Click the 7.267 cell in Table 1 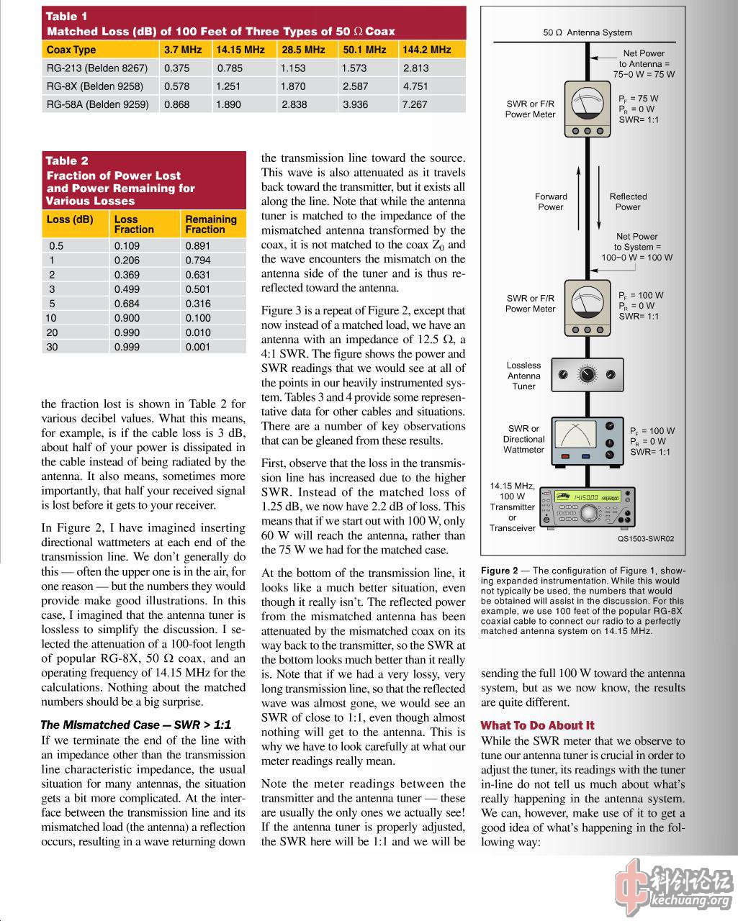415,104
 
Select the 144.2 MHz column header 427,50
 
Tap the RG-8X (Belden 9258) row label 95,86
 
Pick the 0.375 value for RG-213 177,68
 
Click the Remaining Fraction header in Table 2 211,224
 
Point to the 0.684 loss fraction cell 127,304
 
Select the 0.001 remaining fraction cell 198,347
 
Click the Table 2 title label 67,160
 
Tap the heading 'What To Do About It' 538,725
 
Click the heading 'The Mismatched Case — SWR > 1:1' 136,725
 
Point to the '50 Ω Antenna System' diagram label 588,32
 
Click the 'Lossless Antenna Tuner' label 523,376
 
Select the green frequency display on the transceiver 588,497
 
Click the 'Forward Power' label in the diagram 551,201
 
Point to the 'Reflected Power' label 628,201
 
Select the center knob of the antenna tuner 588,375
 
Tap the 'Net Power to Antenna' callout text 644,63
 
